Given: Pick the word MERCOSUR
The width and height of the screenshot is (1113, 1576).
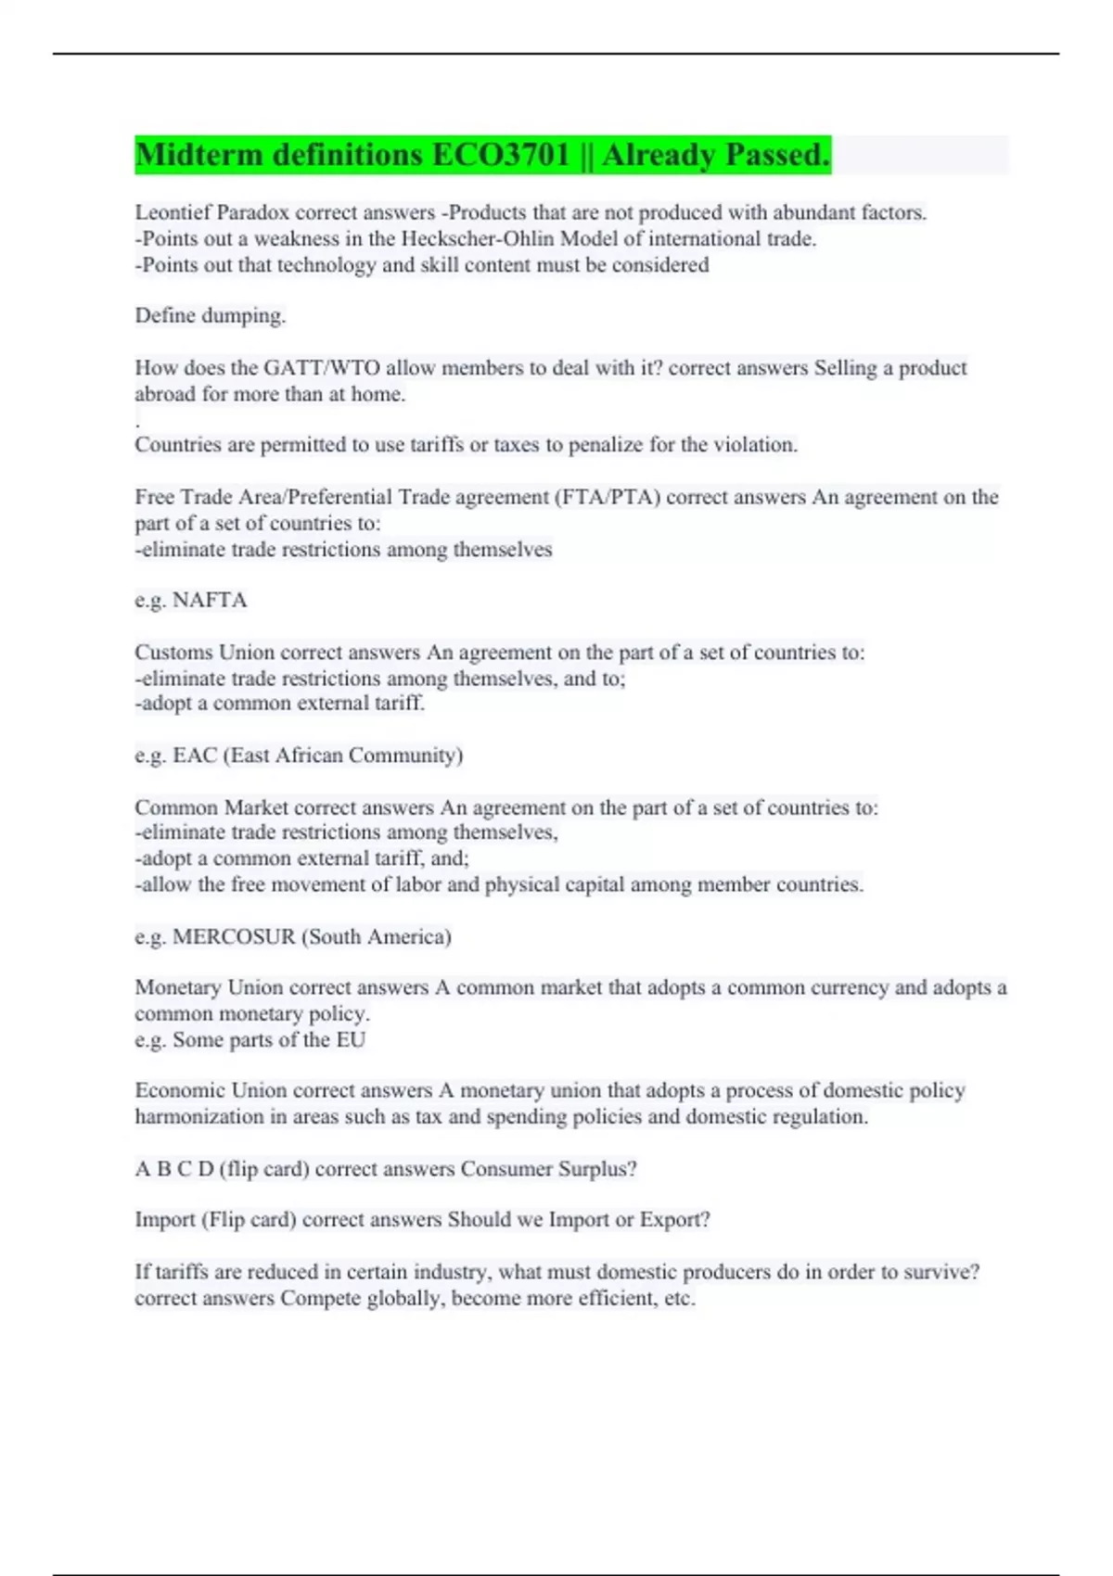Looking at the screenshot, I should point(234,936).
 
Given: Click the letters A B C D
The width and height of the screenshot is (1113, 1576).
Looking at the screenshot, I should point(173,1169).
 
